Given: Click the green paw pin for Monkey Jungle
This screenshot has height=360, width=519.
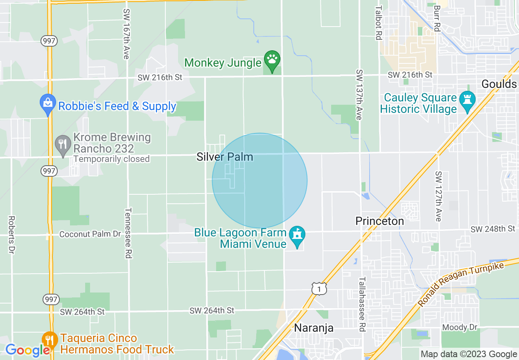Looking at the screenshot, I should [x=272, y=60].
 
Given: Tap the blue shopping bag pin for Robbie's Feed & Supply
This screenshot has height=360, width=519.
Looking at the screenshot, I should [x=48, y=104].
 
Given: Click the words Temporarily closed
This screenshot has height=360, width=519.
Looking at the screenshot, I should [x=112, y=159].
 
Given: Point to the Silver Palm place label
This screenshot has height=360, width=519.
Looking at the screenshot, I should [x=225, y=157].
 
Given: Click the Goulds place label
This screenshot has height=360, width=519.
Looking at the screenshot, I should [x=499, y=84].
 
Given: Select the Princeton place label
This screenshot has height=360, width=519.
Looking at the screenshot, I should [x=379, y=221].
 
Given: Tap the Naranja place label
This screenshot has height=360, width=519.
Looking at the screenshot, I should [x=314, y=328].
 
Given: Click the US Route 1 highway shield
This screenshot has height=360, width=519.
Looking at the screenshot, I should [x=319, y=289].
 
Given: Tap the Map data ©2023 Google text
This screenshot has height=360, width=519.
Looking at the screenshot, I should [x=469, y=354].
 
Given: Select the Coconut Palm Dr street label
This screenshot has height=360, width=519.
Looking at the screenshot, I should [x=90, y=234].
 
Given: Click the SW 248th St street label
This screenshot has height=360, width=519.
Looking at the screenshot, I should [x=493, y=229].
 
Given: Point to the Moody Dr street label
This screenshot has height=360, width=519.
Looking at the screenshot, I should [x=460, y=327].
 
